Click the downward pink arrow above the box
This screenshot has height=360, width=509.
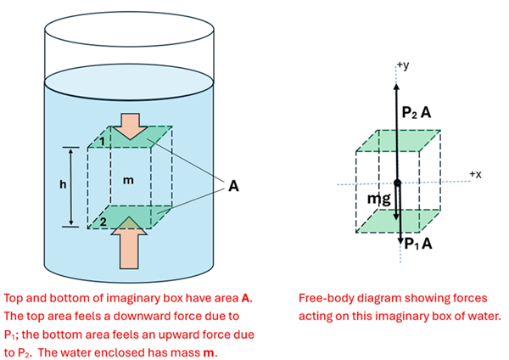tap(132, 125)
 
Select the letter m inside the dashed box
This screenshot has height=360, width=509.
tap(129, 180)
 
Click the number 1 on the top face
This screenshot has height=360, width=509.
tap(101, 138)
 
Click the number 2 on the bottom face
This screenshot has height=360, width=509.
tap(101, 221)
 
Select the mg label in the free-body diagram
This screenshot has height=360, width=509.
tap(379, 199)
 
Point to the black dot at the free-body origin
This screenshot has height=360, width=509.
tap(397, 183)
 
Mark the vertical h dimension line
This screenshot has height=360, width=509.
tap(71, 186)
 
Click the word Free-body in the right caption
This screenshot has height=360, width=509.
tap(326, 300)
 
